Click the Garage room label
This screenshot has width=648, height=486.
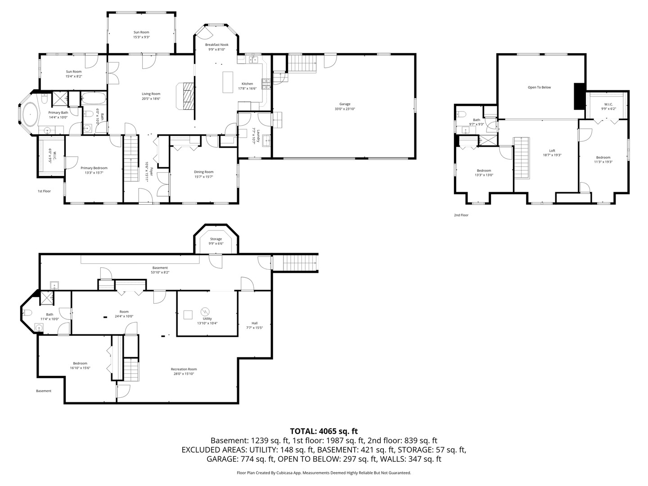tap(345, 104)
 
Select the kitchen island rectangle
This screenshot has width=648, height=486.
tap(228, 82)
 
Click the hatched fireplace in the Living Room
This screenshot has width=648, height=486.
tap(188, 96)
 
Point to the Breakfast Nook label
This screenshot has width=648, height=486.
tap(217, 45)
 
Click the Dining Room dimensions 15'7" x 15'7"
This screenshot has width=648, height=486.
tap(203, 177)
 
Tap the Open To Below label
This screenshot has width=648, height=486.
tap(539, 87)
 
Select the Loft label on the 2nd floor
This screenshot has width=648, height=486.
tap(552, 150)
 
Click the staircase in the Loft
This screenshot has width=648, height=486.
tap(522, 158)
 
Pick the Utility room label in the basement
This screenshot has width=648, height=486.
tap(207, 319)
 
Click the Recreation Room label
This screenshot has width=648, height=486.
tap(184, 369)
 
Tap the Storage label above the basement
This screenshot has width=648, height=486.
tap(216, 239)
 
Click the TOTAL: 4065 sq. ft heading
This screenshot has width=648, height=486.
tap(324, 432)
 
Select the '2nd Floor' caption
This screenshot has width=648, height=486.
tap(461, 215)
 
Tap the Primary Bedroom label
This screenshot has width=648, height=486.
tap(94, 168)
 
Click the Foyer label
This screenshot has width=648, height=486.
tap(151, 172)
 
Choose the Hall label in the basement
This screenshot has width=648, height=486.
tap(255, 323)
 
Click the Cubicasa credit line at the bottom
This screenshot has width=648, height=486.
tap(324, 472)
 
